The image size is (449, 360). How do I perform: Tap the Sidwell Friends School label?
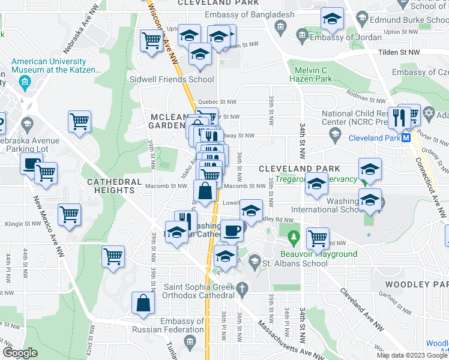pos(172,79)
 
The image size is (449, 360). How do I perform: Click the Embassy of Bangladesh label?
pos(249,14)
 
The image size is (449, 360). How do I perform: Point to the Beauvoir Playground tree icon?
pos(294,239)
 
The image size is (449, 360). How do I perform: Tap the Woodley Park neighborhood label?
pos(417,284)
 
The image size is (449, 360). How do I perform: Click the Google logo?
pos(20,352)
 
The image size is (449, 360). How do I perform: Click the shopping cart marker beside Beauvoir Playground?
pos(318,238)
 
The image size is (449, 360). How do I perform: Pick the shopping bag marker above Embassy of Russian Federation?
pos(145,303)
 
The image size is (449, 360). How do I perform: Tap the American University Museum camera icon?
pos(26,82)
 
